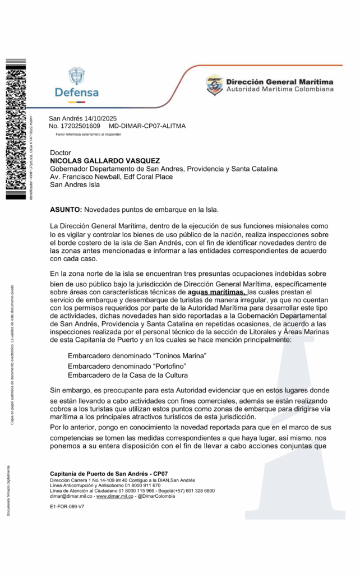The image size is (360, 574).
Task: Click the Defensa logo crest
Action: pyautogui.click(x=76, y=76)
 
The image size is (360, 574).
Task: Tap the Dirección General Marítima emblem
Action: pyautogui.click(x=214, y=85)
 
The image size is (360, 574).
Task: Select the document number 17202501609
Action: pyautogui.click(x=81, y=126)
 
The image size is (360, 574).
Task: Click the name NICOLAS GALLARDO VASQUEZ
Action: pyautogui.click(x=105, y=160)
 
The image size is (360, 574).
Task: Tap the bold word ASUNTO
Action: pyautogui.click(x=66, y=210)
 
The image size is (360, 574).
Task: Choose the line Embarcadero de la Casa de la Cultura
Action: pyautogui.click(x=128, y=375)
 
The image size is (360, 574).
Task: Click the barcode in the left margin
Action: pyautogui.click(x=15, y=129)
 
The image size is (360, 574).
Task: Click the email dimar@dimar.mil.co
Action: pyautogui.click(x=71, y=496)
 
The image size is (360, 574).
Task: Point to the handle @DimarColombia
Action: pyautogui.click(x=156, y=496)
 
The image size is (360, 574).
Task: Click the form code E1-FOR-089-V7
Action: pyautogui.click(x=67, y=506)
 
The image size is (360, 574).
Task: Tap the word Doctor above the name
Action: pyautogui.click(x=61, y=152)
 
